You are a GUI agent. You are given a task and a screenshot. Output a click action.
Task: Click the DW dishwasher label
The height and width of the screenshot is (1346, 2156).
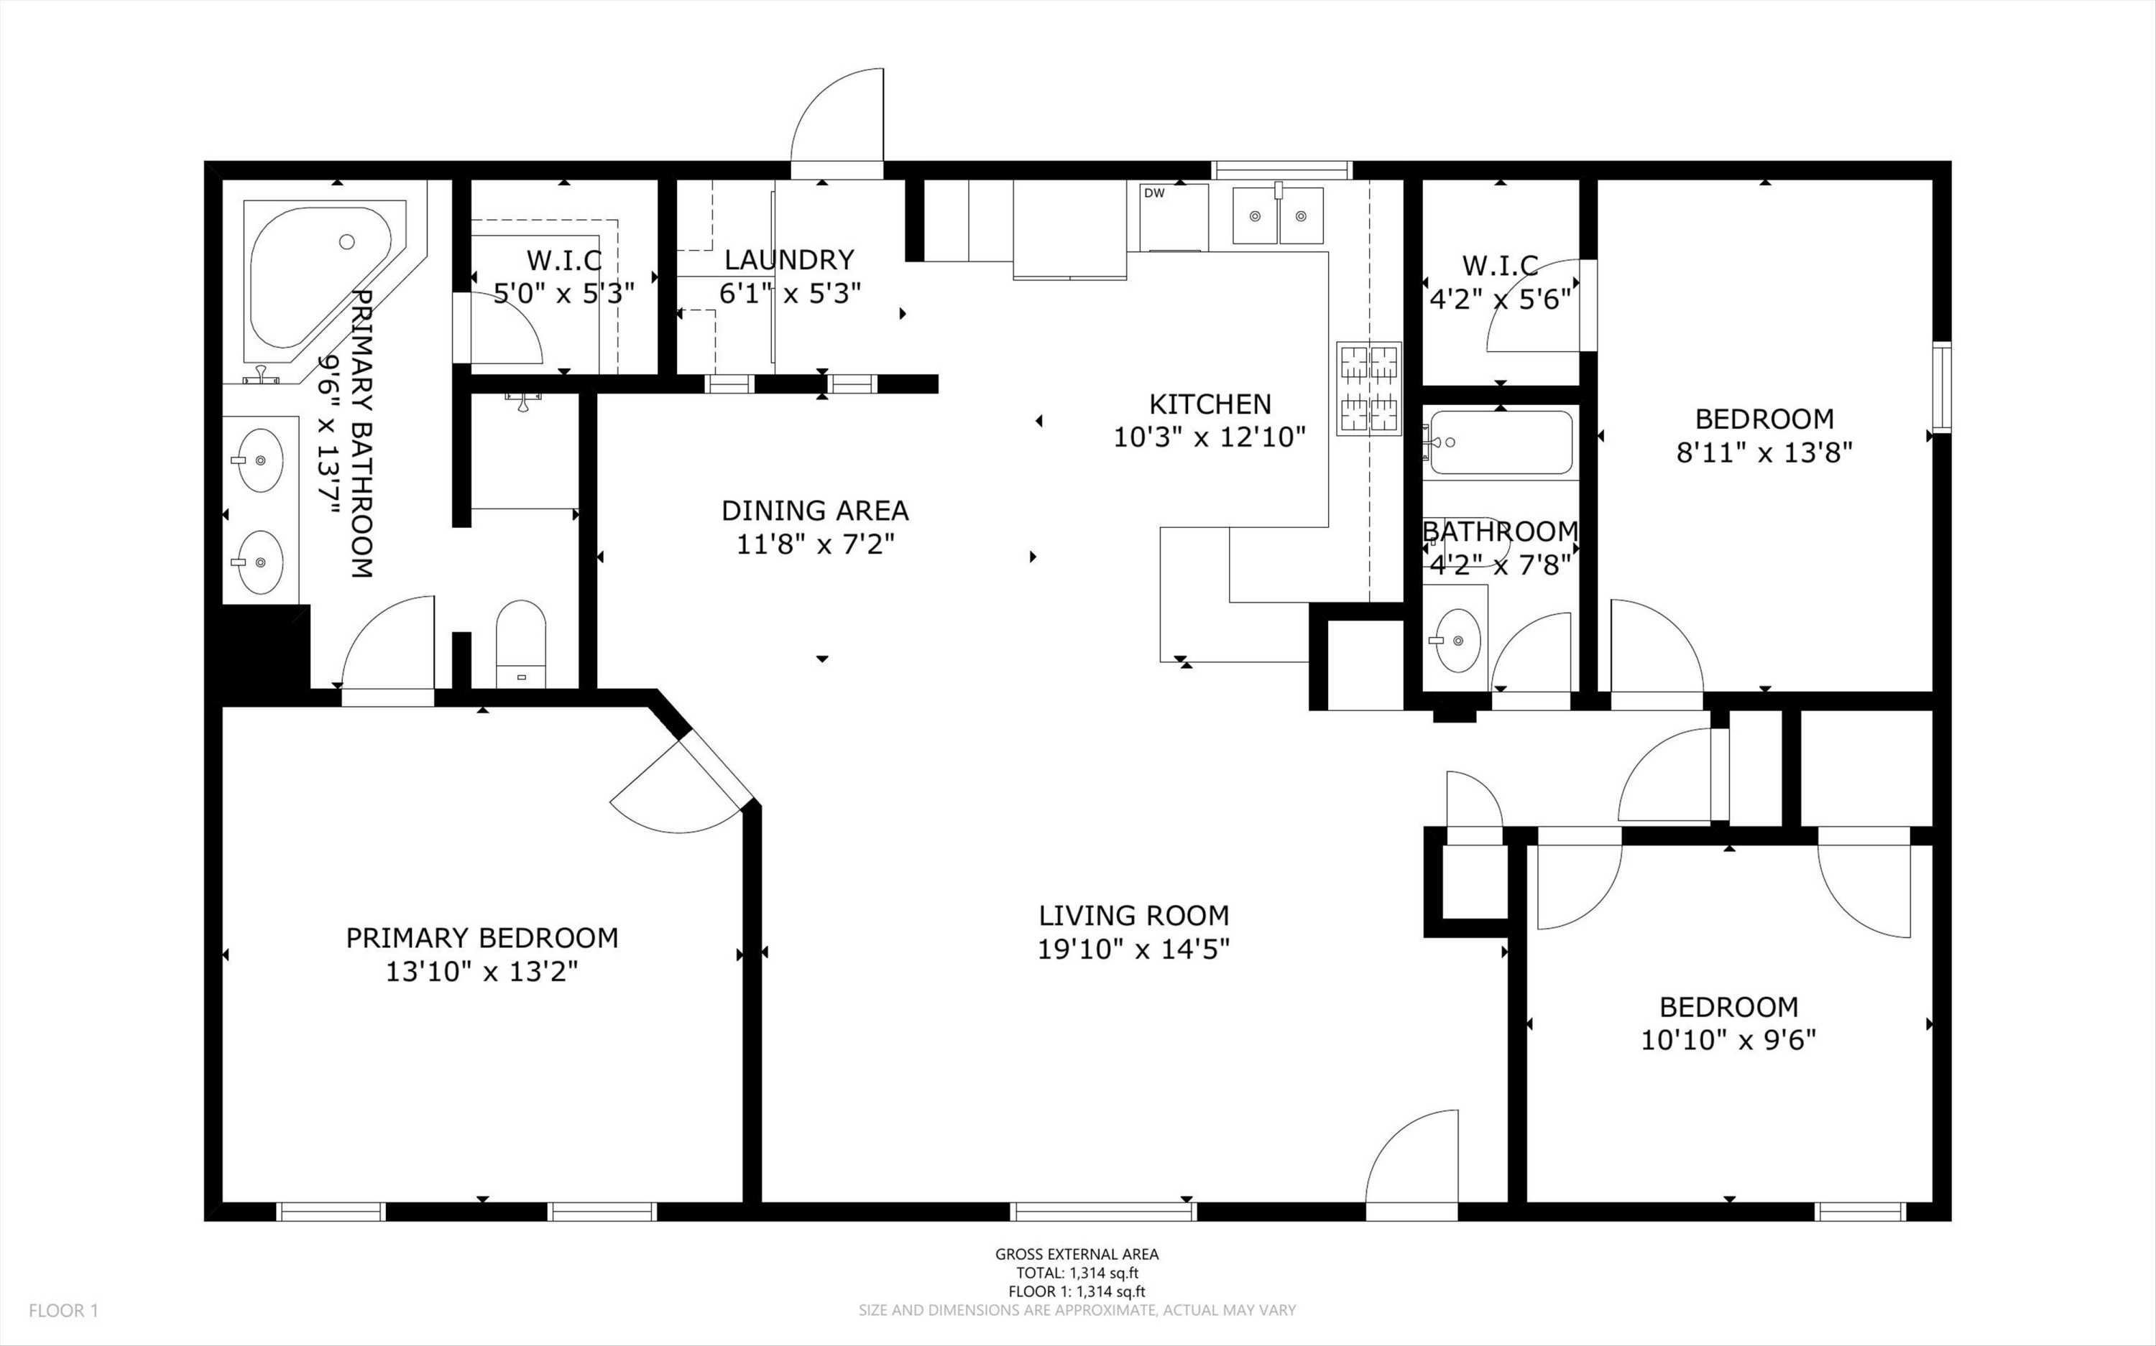pos(1154,193)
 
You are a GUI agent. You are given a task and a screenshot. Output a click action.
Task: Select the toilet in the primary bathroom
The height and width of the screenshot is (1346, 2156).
pos(520,641)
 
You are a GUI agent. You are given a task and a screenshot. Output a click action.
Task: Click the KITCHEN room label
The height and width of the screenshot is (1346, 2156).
pos(1210,404)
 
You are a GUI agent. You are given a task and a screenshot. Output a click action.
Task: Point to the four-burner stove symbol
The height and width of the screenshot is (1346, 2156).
pos(1369,389)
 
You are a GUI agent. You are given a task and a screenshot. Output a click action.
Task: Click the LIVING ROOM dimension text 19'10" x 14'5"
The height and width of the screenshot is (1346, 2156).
pos(1133,949)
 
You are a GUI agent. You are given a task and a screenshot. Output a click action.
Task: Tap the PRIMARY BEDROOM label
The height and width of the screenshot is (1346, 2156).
pos(482,937)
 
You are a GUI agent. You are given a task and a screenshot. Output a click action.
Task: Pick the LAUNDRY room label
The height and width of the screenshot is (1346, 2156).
pos(789,260)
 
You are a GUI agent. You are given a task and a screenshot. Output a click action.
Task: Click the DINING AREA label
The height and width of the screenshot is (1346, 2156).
pos(815,510)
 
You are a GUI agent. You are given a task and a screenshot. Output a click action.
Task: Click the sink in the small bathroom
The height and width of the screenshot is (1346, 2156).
pos(1455,640)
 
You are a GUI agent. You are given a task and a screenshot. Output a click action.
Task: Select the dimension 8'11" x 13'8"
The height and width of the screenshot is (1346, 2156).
pos(1764,452)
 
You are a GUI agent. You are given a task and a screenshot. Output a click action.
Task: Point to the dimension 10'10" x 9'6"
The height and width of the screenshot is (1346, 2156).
pos(1728,1040)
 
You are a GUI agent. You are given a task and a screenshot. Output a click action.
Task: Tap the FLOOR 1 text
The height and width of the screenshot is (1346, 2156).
pos(63,1310)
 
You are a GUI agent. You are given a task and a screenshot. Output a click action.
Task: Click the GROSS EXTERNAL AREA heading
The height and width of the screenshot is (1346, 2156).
pos(1077,1254)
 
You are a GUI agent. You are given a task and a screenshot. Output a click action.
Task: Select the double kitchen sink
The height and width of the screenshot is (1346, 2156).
pos(1278,215)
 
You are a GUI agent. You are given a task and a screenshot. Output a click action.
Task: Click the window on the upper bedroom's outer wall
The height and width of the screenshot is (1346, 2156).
pos(1941,387)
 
